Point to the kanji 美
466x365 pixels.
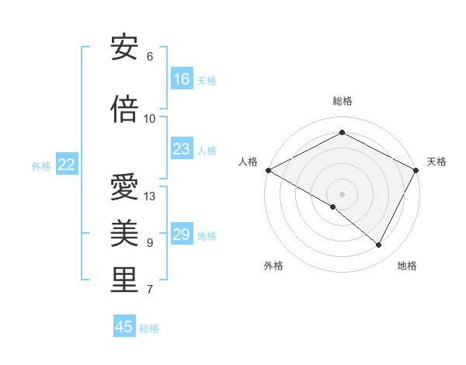(x=124, y=233)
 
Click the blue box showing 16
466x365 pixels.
(x=182, y=78)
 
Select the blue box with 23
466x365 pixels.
(x=182, y=149)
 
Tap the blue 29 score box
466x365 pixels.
(x=182, y=235)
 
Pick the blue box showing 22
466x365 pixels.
(x=67, y=165)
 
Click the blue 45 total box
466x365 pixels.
(x=124, y=327)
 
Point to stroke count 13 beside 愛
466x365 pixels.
(x=150, y=196)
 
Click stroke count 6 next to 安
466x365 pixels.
(x=149, y=57)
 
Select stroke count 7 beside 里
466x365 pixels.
(x=149, y=290)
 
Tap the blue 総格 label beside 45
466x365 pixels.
(x=149, y=328)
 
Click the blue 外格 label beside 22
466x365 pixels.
(x=41, y=165)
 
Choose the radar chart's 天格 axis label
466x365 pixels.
(x=436, y=162)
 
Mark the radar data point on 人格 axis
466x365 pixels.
(x=268, y=169)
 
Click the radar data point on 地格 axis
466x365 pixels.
(x=379, y=245)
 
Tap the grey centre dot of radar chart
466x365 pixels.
(x=342, y=193)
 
